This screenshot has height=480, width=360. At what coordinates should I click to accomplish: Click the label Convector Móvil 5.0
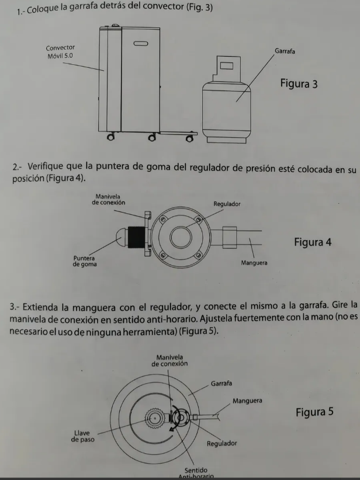pos(60,52)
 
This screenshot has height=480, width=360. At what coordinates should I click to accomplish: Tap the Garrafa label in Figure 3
pos(285,51)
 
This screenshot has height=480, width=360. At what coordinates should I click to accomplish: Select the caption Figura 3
pos(299,84)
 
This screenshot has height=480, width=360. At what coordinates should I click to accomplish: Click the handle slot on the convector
pos(141,43)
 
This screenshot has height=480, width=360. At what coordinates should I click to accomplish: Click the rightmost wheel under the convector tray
pos(190,138)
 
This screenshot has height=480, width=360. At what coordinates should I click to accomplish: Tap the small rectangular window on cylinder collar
pos(227,64)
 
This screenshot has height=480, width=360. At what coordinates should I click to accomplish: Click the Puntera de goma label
pos(85,261)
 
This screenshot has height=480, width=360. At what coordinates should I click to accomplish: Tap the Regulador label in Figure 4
pos(227,204)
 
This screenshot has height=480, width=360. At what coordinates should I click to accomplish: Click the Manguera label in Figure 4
pos(254,263)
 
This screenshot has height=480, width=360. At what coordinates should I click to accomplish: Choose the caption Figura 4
pos(312,242)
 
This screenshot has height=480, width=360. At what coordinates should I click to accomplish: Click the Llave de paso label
pos(82,436)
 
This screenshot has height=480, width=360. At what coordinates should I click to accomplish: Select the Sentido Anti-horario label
pos(197,472)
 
